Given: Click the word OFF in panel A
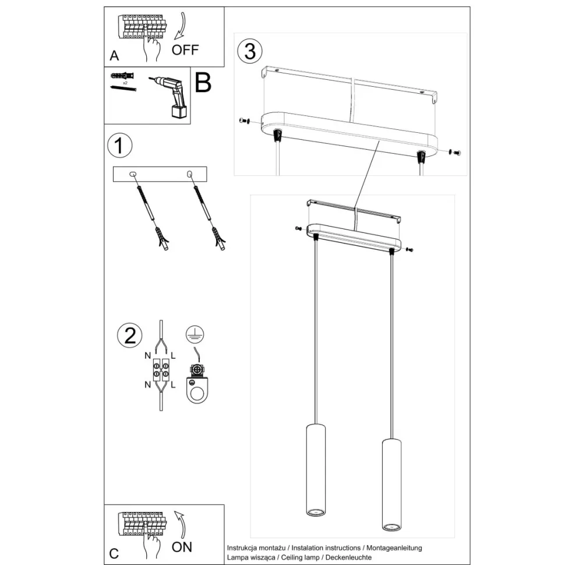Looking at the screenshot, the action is (185, 50).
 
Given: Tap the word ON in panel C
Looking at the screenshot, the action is (182, 547).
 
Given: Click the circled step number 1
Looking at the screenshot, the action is (120, 146).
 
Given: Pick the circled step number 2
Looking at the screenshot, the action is (130, 335).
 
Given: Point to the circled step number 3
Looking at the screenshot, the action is (250, 51).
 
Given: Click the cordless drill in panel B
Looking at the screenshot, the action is (171, 96).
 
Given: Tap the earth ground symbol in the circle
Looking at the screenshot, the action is (195, 334).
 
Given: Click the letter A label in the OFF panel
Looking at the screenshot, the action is (114, 55).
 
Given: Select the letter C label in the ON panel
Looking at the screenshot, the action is (114, 553).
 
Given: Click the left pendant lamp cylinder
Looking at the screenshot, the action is (316, 470).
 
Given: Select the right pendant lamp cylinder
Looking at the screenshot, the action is (391, 485).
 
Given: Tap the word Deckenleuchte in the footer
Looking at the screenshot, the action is (348, 557).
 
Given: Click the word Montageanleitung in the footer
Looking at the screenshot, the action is (394, 548).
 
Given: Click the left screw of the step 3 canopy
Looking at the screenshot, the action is (245, 121).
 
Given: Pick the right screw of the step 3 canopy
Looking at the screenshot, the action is (455, 152).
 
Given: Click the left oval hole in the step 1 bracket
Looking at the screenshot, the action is (133, 174).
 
